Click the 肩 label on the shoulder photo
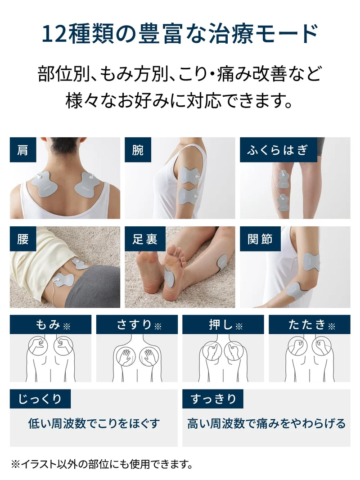23,150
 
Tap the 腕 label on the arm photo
138,150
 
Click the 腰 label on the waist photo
23,239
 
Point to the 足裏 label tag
145,239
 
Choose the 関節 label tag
260,239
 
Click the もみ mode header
50,324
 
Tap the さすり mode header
137,324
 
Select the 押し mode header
223,324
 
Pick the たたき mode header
310,324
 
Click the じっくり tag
40,399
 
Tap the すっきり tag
213,399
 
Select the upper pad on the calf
284,179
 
